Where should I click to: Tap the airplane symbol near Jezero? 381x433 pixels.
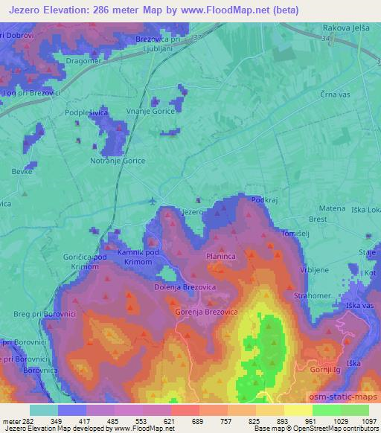click(x=153, y=200)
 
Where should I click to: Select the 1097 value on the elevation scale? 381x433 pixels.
click(x=369, y=422)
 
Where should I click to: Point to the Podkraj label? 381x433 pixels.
click(x=265, y=201)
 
